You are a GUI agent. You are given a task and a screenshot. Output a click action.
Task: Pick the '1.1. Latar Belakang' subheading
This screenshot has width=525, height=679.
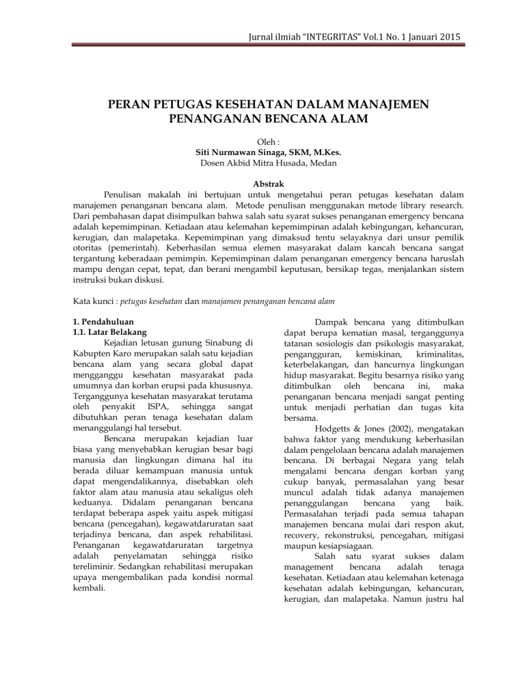click(x=109, y=332)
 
